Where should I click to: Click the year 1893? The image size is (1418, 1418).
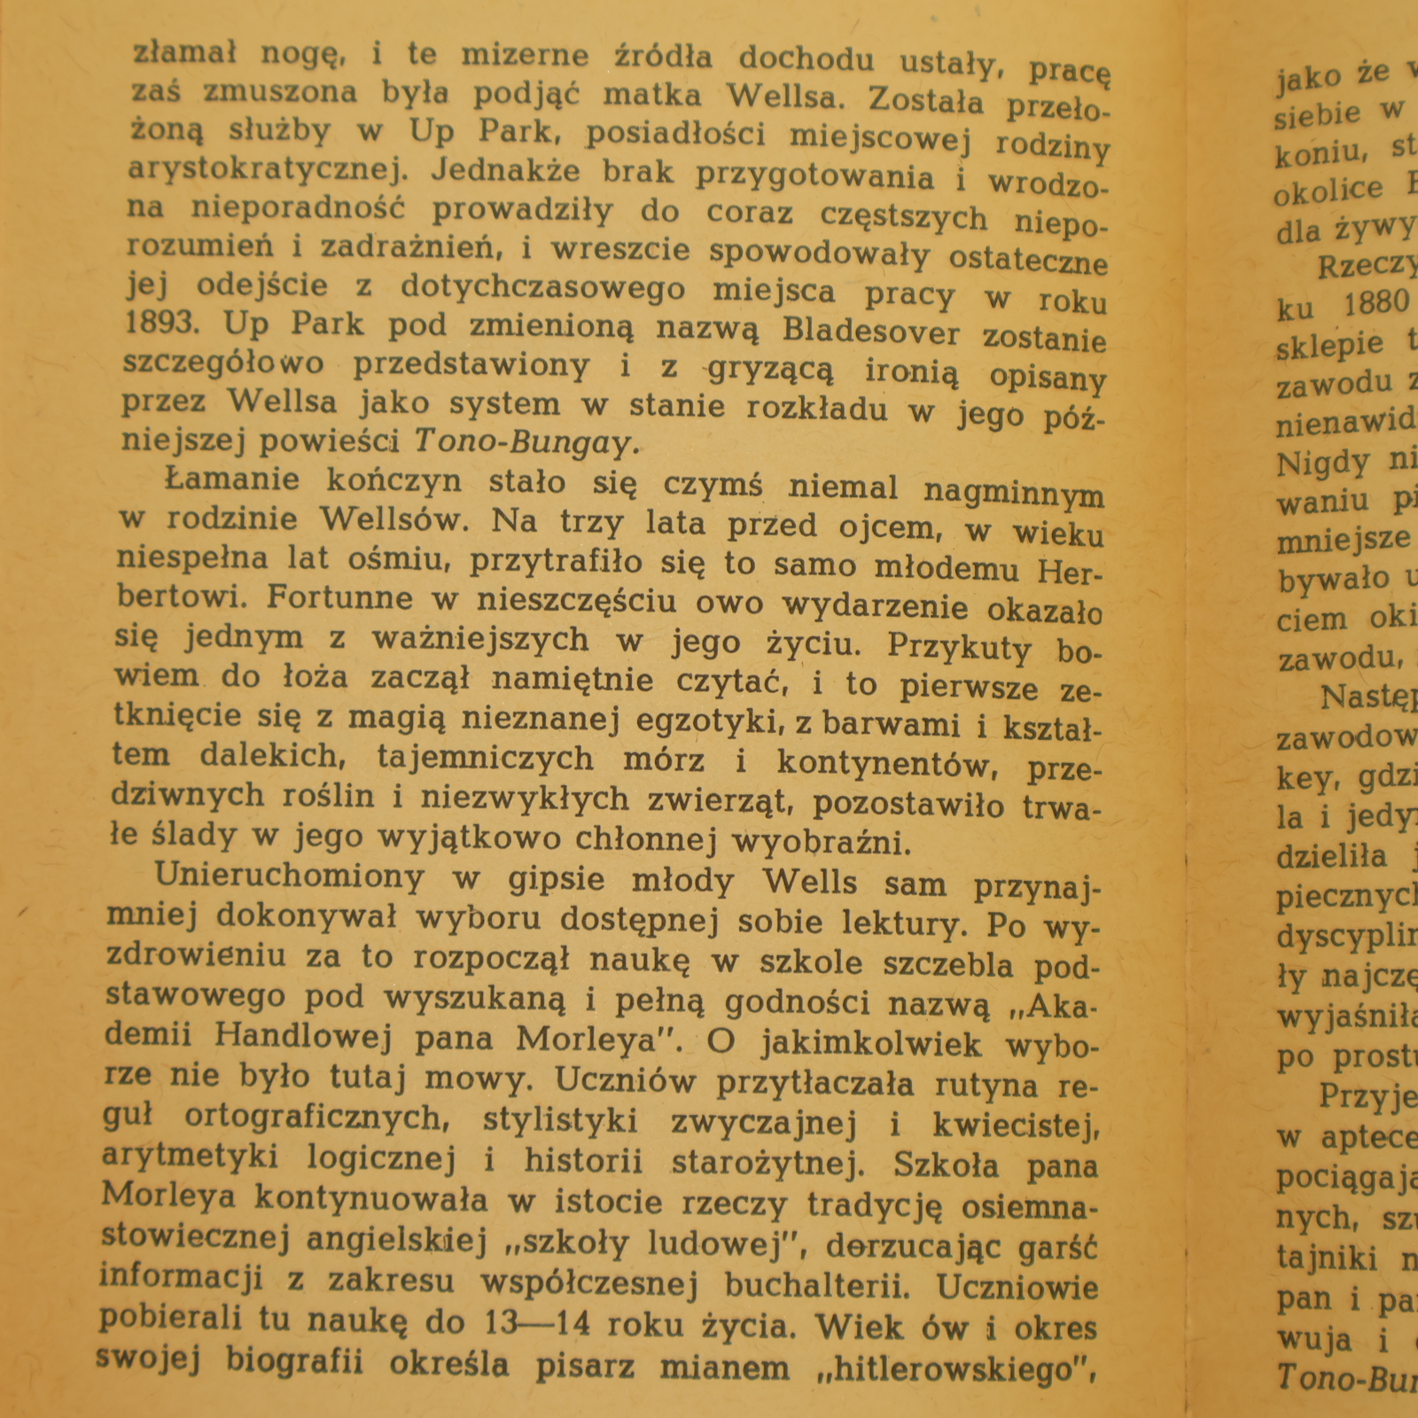tap(162, 323)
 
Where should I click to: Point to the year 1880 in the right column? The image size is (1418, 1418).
tap(1375, 303)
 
